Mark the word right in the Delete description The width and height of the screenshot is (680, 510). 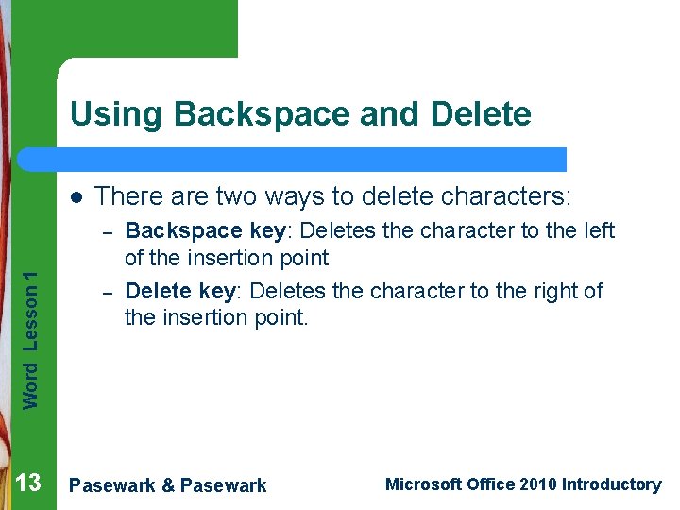[552, 291]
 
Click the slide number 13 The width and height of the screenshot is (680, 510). [28, 484]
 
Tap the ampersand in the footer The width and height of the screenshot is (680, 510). [167, 485]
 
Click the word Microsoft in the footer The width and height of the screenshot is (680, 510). [424, 484]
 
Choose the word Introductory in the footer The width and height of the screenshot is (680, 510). [611, 484]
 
